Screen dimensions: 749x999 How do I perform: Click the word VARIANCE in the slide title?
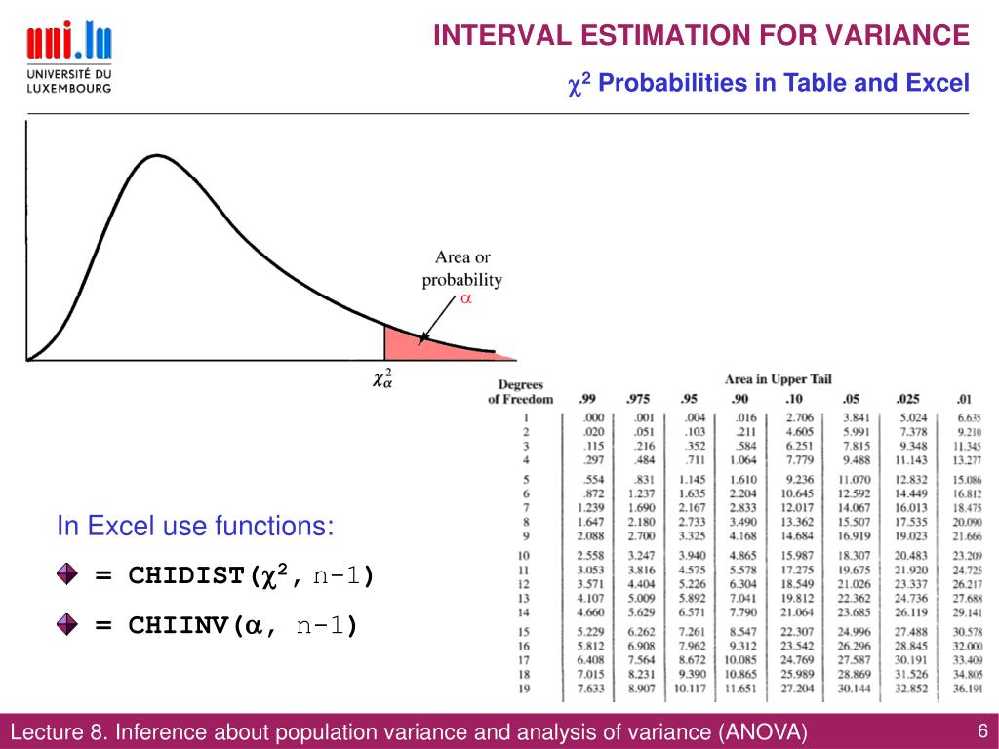pos(898,36)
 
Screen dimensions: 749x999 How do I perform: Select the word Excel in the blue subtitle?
pos(938,84)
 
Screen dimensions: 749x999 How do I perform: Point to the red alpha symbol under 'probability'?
pos(466,300)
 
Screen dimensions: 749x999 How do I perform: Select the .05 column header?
pos(852,399)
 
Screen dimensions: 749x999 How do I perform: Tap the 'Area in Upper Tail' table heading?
pos(778,378)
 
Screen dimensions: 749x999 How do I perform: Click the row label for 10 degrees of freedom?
pos(525,554)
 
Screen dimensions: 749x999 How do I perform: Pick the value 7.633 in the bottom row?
pos(590,689)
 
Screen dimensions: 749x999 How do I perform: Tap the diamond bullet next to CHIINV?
pos(67,625)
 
